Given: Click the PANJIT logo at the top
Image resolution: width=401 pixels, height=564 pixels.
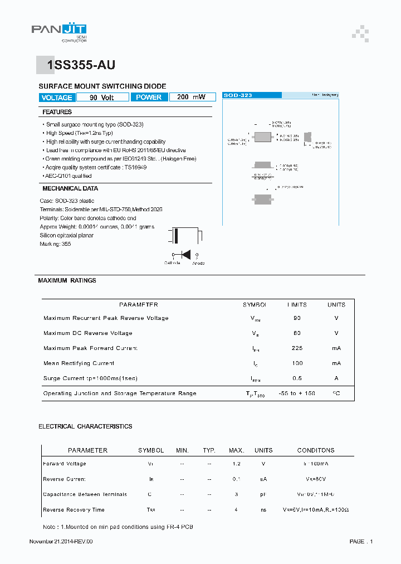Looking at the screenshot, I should (x=59, y=32).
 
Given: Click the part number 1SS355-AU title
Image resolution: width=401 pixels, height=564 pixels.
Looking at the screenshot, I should (x=81, y=65).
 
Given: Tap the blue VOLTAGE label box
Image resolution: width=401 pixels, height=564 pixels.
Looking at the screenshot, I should (x=56, y=98).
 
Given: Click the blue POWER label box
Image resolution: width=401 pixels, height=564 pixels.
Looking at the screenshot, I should (x=149, y=98).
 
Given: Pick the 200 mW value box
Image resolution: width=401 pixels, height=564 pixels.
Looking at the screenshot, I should (x=191, y=98).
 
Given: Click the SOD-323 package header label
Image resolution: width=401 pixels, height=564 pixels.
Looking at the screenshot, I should (x=238, y=95).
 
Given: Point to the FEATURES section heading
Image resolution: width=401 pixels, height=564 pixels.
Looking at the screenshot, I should (x=57, y=112).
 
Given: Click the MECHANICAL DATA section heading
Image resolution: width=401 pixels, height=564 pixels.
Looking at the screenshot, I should (x=70, y=188).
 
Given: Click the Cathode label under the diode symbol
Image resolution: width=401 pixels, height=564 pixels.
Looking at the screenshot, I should (x=172, y=263).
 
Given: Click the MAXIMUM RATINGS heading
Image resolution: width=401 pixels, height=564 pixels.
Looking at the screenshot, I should (x=67, y=280).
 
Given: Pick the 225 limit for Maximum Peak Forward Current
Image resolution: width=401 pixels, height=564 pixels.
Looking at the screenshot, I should (x=297, y=348).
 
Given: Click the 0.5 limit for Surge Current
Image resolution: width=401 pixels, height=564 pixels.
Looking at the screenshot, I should (x=297, y=378).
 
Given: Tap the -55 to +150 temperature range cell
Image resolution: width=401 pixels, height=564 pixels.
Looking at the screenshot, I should (x=297, y=393).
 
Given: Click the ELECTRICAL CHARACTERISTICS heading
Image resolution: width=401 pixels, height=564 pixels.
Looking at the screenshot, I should (x=85, y=426).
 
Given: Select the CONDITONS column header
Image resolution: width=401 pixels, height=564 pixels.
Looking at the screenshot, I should (x=316, y=450).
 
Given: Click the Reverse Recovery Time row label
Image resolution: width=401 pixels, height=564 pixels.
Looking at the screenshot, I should (x=74, y=510).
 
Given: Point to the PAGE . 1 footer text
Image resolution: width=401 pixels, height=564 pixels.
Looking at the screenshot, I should (x=361, y=542).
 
